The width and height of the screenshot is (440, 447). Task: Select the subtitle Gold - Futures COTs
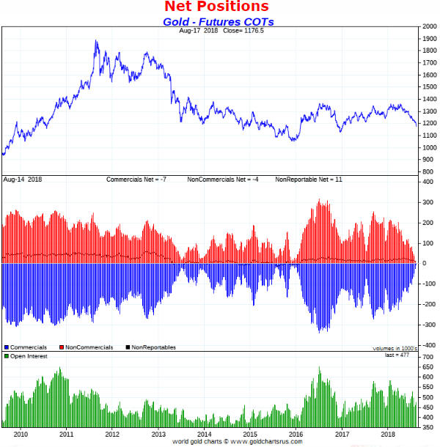pyautogui.click(x=218, y=22)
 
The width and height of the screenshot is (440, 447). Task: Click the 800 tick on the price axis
pyautogui.click(x=427, y=171)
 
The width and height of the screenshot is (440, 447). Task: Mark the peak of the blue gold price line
pyautogui.click(x=96, y=41)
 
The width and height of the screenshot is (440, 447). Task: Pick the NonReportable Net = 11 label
pyautogui.click(x=308, y=180)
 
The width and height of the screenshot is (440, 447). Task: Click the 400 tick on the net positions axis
pyautogui.click(x=428, y=181)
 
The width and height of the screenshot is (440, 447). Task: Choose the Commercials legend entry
pyautogui.click(x=28, y=347)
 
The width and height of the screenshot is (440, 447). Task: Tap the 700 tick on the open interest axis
pyautogui.click(x=428, y=356)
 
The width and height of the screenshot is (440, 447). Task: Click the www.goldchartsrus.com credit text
pyautogui.click(x=260, y=442)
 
